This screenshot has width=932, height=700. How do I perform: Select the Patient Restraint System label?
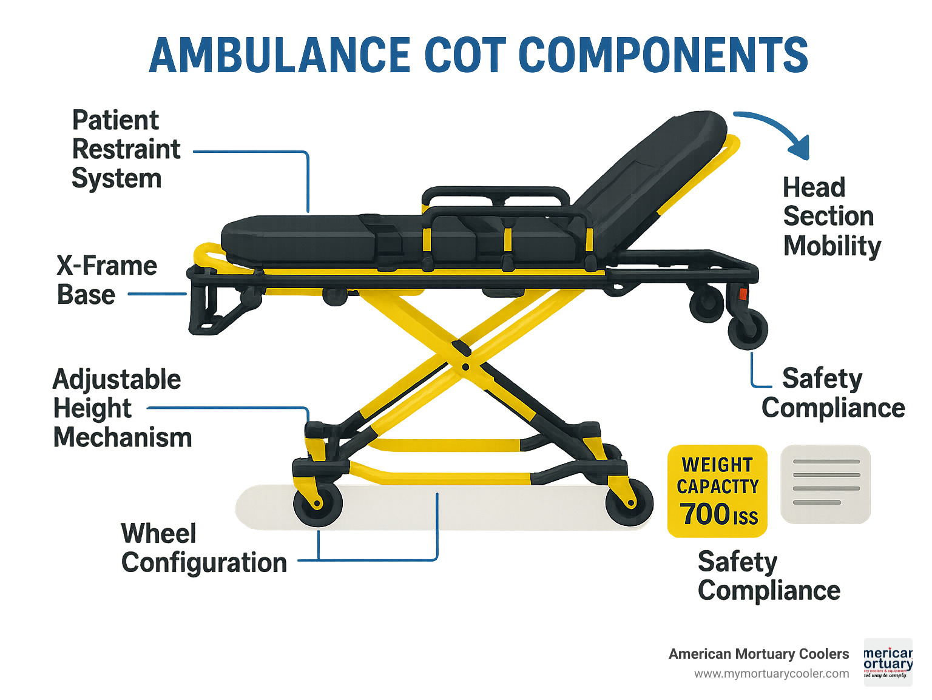tap(126, 149)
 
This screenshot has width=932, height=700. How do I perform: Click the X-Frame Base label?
tap(106, 280)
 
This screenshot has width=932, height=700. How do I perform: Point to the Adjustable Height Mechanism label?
tap(121, 408)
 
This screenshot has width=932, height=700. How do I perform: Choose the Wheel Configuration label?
tap(203, 548)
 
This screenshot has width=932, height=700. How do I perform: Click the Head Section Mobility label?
tap(831, 217)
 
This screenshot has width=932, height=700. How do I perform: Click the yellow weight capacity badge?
tap(717, 491)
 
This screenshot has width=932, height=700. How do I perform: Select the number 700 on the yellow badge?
tap(706, 514)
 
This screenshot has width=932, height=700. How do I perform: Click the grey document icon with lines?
tap(825, 484)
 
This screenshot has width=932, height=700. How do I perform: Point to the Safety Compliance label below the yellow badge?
tap(768, 576)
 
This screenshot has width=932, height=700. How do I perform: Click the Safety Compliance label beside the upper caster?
tap(832, 393)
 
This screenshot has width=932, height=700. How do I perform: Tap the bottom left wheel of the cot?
tap(317, 503)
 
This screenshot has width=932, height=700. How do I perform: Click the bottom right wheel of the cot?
tap(629, 502)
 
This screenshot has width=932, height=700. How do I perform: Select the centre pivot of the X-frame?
tap(465, 367)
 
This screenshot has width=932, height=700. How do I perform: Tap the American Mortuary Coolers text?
tap(758, 654)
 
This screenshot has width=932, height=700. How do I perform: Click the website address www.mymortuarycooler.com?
tap(771, 674)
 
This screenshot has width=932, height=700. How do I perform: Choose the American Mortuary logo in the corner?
tap(888, 662)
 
